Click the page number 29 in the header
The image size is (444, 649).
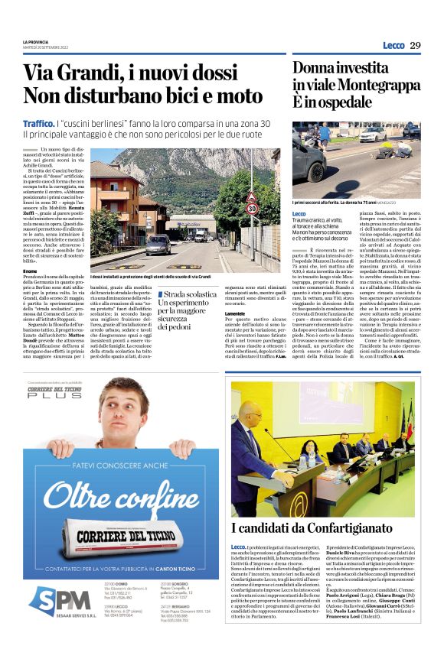[415, 46]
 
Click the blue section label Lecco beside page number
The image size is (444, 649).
[393, 46]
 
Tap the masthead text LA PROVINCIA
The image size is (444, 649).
[35, 43]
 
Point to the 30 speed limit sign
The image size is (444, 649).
[251, 207]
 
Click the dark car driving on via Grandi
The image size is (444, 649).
[158, 245]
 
